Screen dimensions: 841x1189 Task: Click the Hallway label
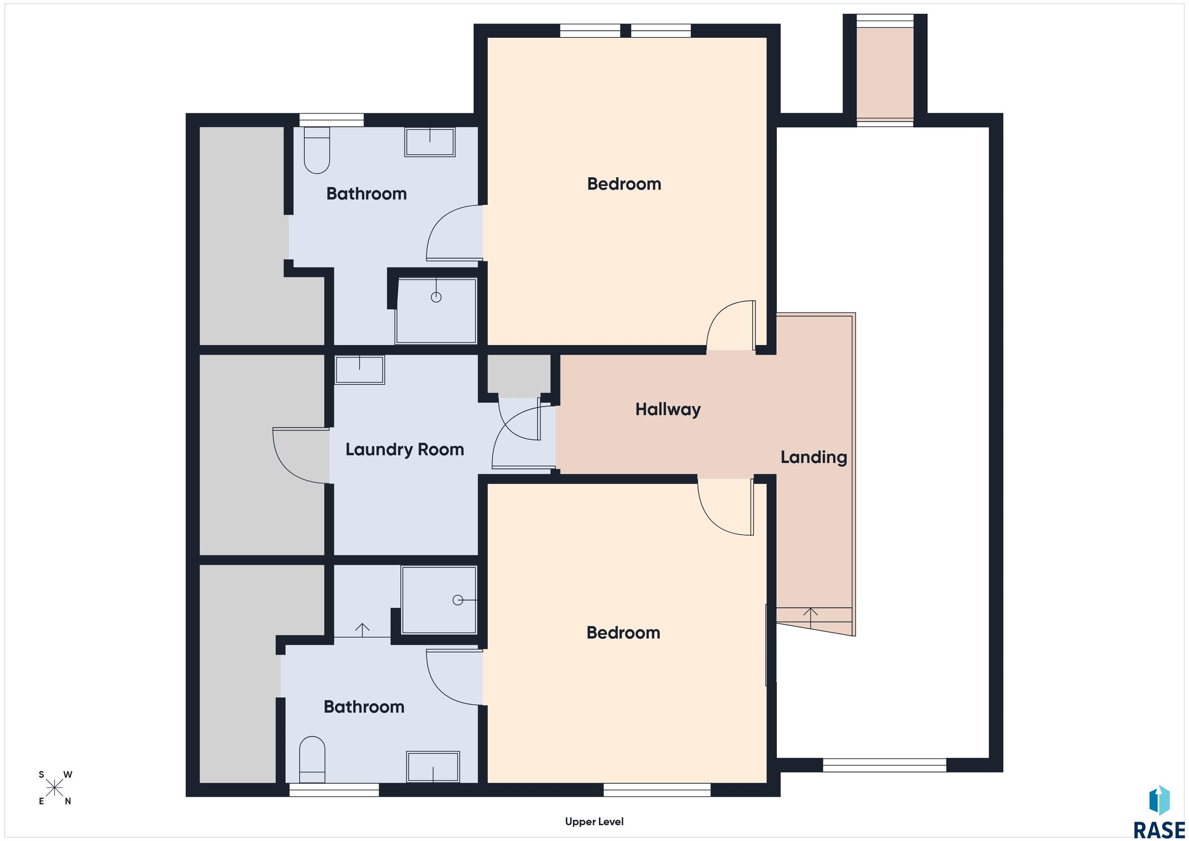point(668,409)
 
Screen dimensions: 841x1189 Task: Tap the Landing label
point(814,457)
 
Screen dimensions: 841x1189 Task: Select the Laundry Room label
point(404,449)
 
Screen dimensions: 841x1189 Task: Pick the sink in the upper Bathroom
point(430,142)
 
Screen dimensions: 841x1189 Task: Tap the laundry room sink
point(360,370)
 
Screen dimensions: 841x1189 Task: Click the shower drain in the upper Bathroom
point(436,297)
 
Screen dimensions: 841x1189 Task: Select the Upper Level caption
point(594,822)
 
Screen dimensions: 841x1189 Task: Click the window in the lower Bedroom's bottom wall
point(657,790)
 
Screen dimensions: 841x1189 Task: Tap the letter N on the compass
point(68,802)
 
